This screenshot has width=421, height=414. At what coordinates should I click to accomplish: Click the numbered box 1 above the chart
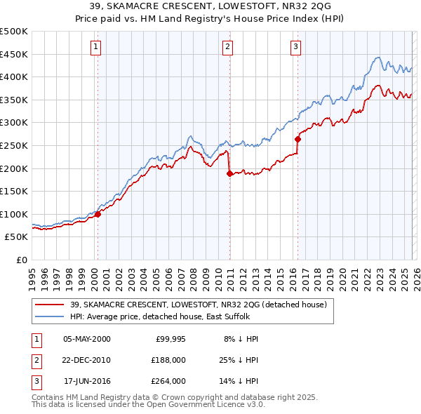96,47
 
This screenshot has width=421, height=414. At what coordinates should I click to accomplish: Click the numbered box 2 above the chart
228,47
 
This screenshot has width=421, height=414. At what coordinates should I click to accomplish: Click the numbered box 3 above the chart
295,47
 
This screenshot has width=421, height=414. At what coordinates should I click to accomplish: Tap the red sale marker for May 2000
98,214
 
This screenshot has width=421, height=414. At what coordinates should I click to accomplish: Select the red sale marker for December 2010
229,174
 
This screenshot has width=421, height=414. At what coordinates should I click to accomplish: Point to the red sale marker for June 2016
298,139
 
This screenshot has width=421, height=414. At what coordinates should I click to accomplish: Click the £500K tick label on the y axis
13,32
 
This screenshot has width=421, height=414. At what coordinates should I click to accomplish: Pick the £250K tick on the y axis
13,145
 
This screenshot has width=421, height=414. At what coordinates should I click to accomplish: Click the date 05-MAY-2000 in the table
87,339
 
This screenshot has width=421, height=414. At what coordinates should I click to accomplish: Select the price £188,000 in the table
168,360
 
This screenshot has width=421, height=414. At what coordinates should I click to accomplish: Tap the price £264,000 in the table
168,381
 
